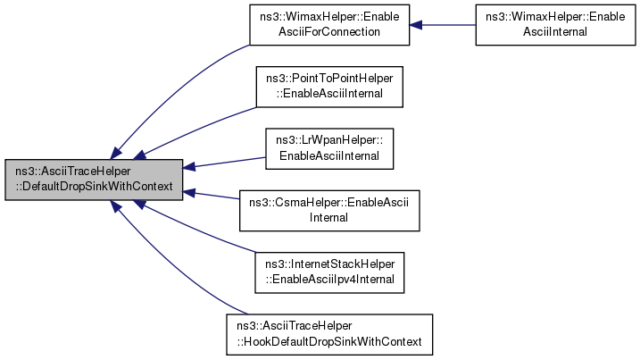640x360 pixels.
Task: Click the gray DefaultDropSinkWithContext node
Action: pyautogui.click(x=94, y=180)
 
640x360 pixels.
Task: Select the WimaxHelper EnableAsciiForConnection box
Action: pyautogui.click(x=329, y=25)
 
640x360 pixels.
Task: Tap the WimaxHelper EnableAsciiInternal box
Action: pyautogui.click(x=555, y=25)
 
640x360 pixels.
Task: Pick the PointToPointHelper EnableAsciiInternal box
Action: pyautogui.click(x=329, y=87)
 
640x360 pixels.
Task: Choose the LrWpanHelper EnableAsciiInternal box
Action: pyautogui.click(x=329, y=149)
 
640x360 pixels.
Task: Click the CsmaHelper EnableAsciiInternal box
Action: pyautogui.click(x=329, y=211)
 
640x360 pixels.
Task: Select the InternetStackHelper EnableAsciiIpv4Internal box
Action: pyautogui.click(x=329, y=272)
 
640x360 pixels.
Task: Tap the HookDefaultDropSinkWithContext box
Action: pyautogui.click(x=329, y=335)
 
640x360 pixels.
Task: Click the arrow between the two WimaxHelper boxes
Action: pyautogui.click(x=443, y=25)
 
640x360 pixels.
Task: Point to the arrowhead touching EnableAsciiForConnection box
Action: pyautogui.click(x=416, y=25)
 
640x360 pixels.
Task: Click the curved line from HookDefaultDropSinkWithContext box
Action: pyautogui.click(x=171, y=265)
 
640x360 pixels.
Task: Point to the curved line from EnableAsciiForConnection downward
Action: pyautogui.click(x=171, y=94)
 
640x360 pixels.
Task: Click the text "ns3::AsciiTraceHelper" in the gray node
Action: pyautogui.click(x=73, y=172)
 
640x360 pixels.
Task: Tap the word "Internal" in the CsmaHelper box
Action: pyautogui.click(x=328, y=218)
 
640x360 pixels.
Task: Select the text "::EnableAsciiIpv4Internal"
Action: pyautogui.click(x=329, y=280)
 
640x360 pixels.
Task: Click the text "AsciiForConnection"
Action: pyautogui.click(x=329, y=32)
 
